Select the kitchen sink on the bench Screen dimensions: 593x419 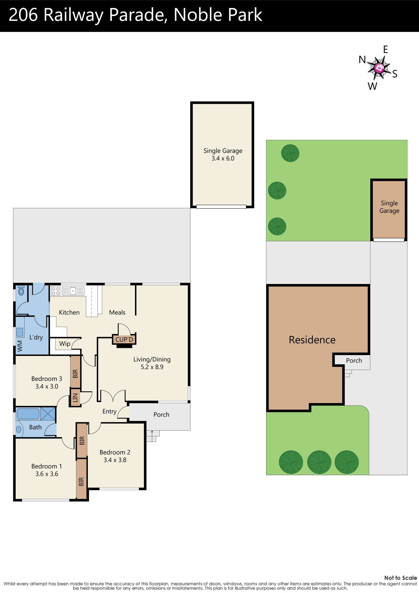coord(73,291)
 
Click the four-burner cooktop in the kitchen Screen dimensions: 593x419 coord(55,291)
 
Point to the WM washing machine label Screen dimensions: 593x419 coord(20,346)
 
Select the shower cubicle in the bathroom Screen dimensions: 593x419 coord(48,414)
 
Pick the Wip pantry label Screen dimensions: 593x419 coord(65,344)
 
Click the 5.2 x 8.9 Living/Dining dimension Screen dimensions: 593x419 coord(152,367)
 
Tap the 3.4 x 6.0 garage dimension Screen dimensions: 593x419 coord(223,158)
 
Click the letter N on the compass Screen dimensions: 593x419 coord(362,60)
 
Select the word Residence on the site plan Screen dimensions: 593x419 coord(312,340)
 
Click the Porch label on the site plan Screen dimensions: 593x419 coord(354,361)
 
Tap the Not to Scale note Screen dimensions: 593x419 coord(400,578)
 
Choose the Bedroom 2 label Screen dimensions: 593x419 coord(115,452)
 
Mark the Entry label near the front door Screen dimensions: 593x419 coord(109,411)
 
